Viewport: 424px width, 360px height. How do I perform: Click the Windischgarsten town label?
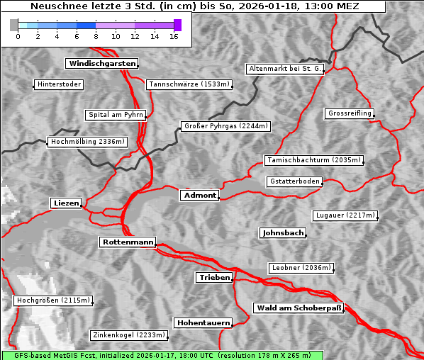pyautogui.click(x=101, y=64)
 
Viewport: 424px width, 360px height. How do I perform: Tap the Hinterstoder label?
pyautogui.click(x=59, y=85)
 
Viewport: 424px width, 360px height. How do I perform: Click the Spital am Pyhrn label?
pyautogui.click(x=116, y=115)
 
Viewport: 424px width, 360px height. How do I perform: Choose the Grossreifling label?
pyautogui.click(x=350, y=113)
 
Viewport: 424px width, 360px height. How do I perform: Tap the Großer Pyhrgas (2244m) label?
pyautogui.click(x=225, y=126)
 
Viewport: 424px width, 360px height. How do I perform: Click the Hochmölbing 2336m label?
pyautogui.click(x=87, y=142)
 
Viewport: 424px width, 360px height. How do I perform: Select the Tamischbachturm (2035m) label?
pyautogui.click(x=313, y=160)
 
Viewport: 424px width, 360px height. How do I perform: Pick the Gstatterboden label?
pyautogui.click(x=294, y=181)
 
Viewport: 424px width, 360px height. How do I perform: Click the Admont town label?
pyautogui.click(x=199, y=195)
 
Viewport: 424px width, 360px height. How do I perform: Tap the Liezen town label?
pyautogui.click(x=67, y=203)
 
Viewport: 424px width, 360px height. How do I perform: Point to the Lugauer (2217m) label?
pyautogui.click(x=345, y=215)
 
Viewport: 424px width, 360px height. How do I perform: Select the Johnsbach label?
pyautogui.click(x=283, y=232)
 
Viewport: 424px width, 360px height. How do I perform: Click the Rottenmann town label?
pyautogui.click(x=128, y=242)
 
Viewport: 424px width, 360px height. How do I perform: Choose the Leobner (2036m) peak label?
pyautogui.click(x=301, y=268)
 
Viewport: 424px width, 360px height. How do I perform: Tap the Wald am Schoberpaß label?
pyautogui.click(x=298, y=308)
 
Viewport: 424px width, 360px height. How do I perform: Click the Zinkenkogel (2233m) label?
pyautogui.click(x=128, y=335)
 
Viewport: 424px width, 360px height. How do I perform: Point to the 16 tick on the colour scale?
pyautogui.click(x=173, y=36)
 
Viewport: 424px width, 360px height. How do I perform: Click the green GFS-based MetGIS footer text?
pyautogui.click(x=162, y=355)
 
